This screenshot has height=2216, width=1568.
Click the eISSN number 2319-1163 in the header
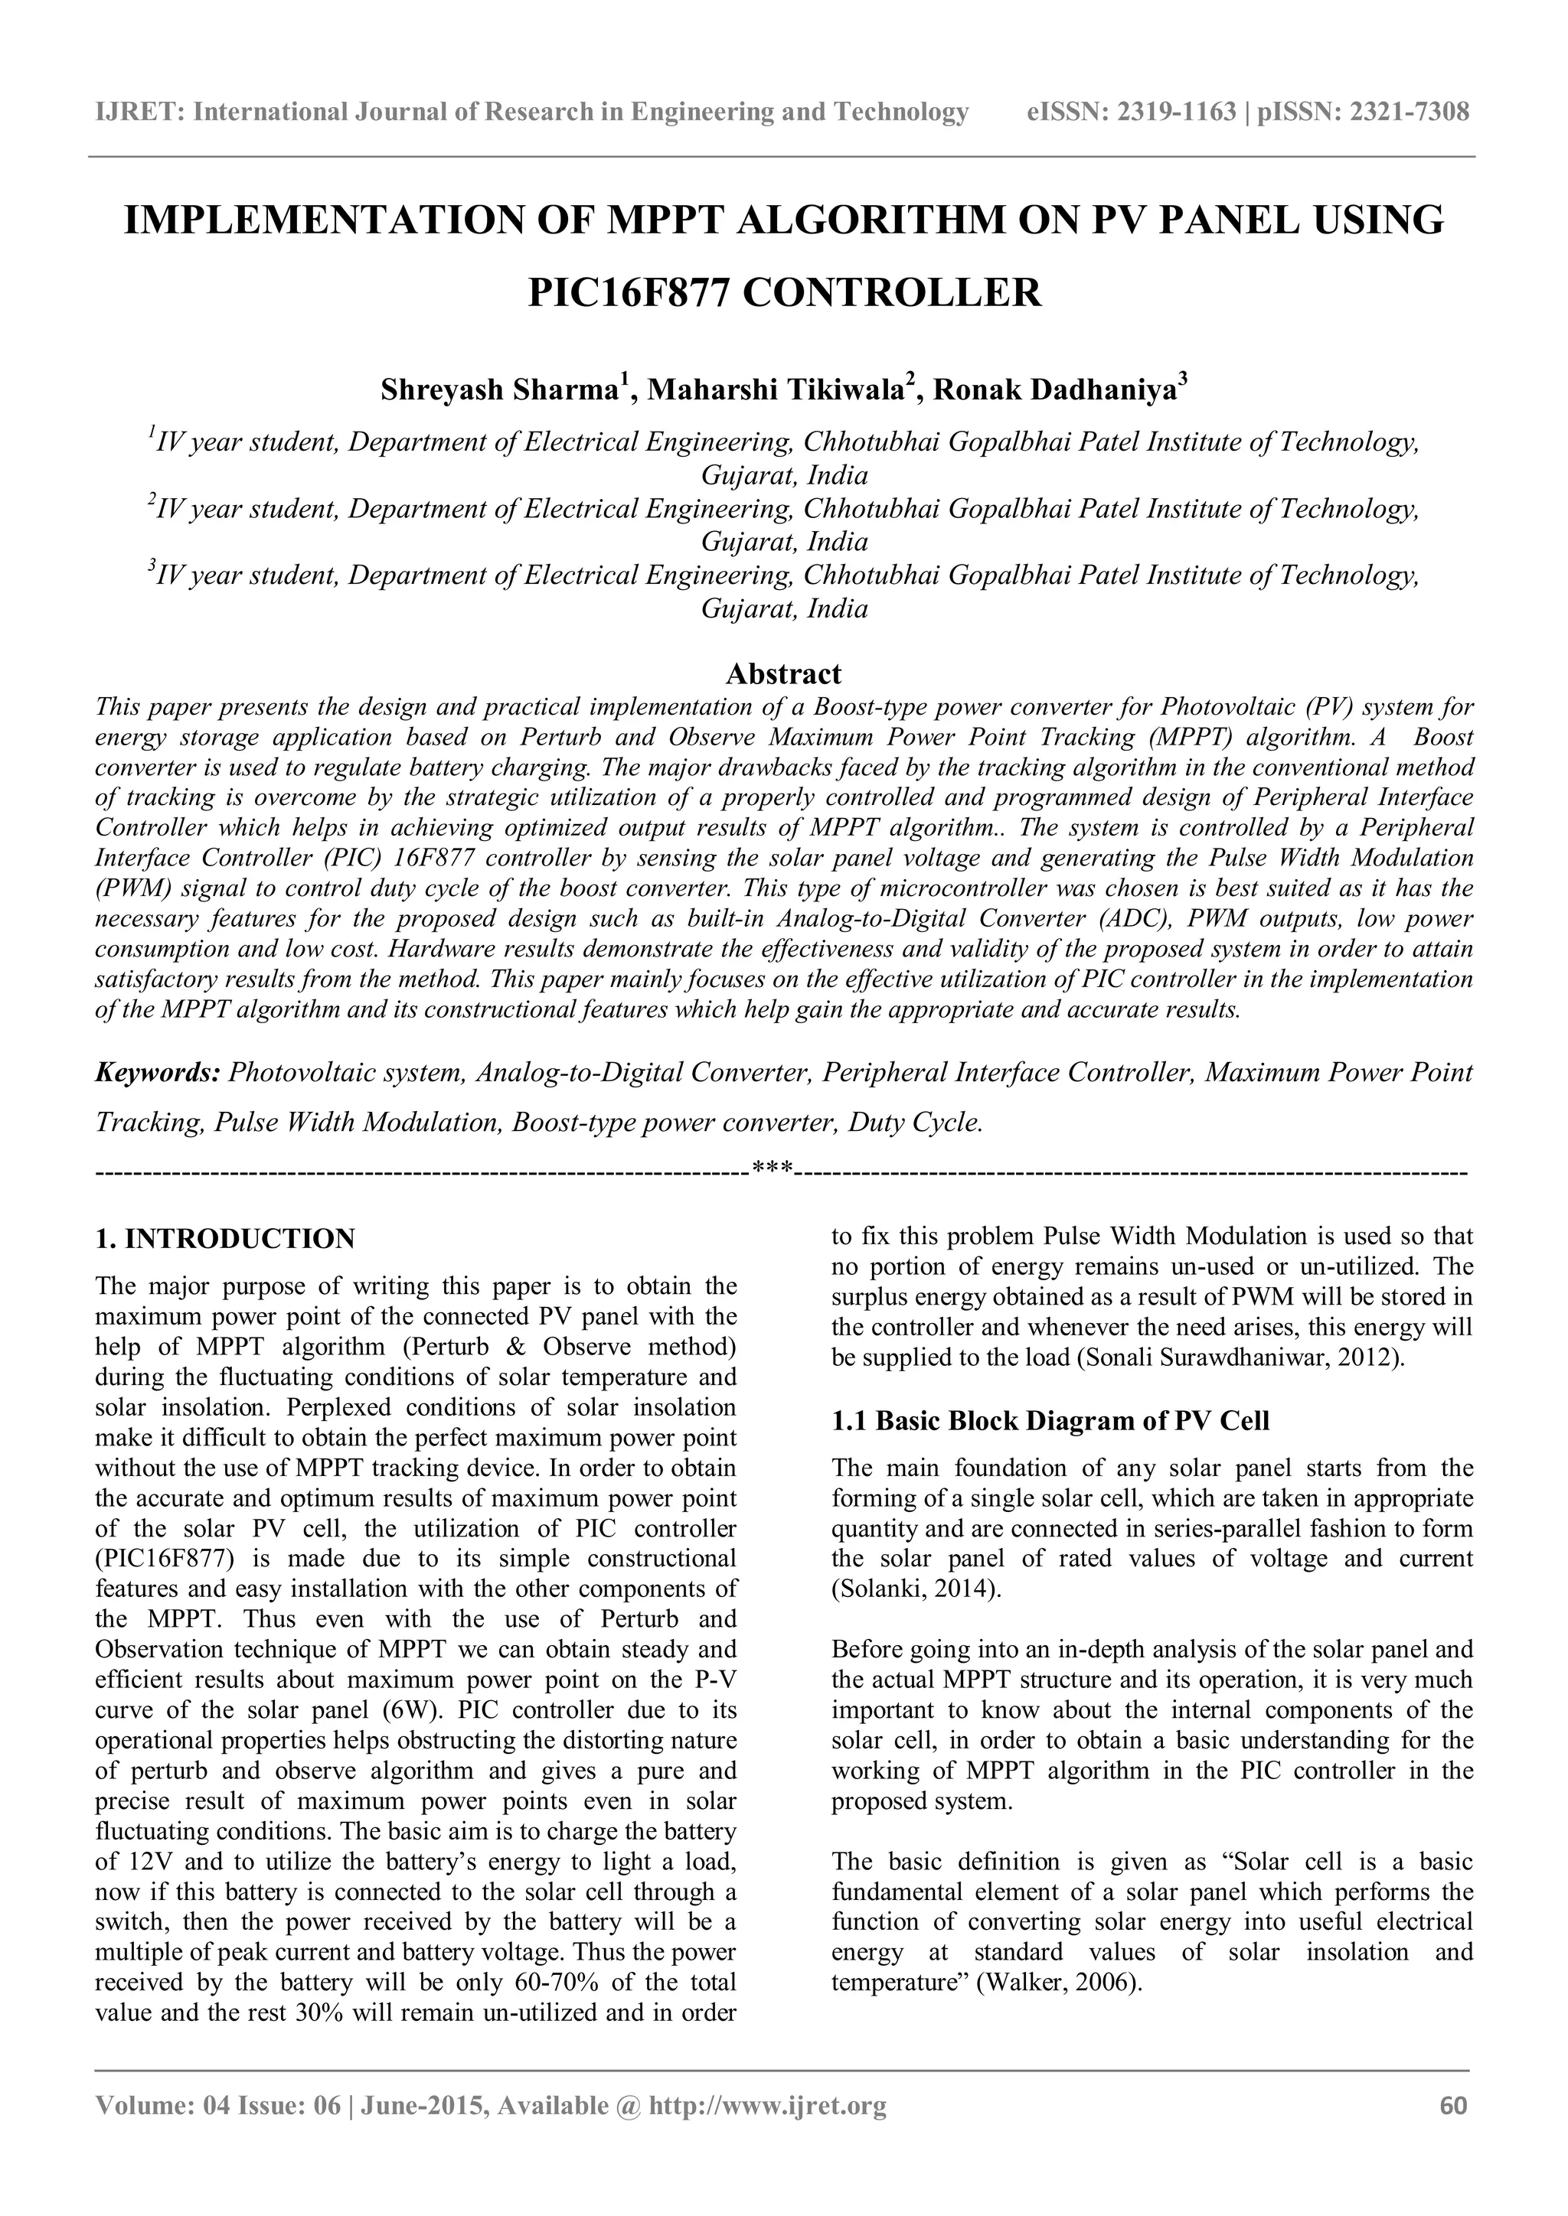[1176, 112]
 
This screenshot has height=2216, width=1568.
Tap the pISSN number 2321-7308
[1404, 112]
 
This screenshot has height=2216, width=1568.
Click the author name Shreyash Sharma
[498, 390]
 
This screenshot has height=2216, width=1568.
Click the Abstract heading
[783, 673]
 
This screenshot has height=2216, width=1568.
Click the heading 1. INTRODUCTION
[225, 1238]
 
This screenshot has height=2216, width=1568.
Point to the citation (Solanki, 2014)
[916, 1589]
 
